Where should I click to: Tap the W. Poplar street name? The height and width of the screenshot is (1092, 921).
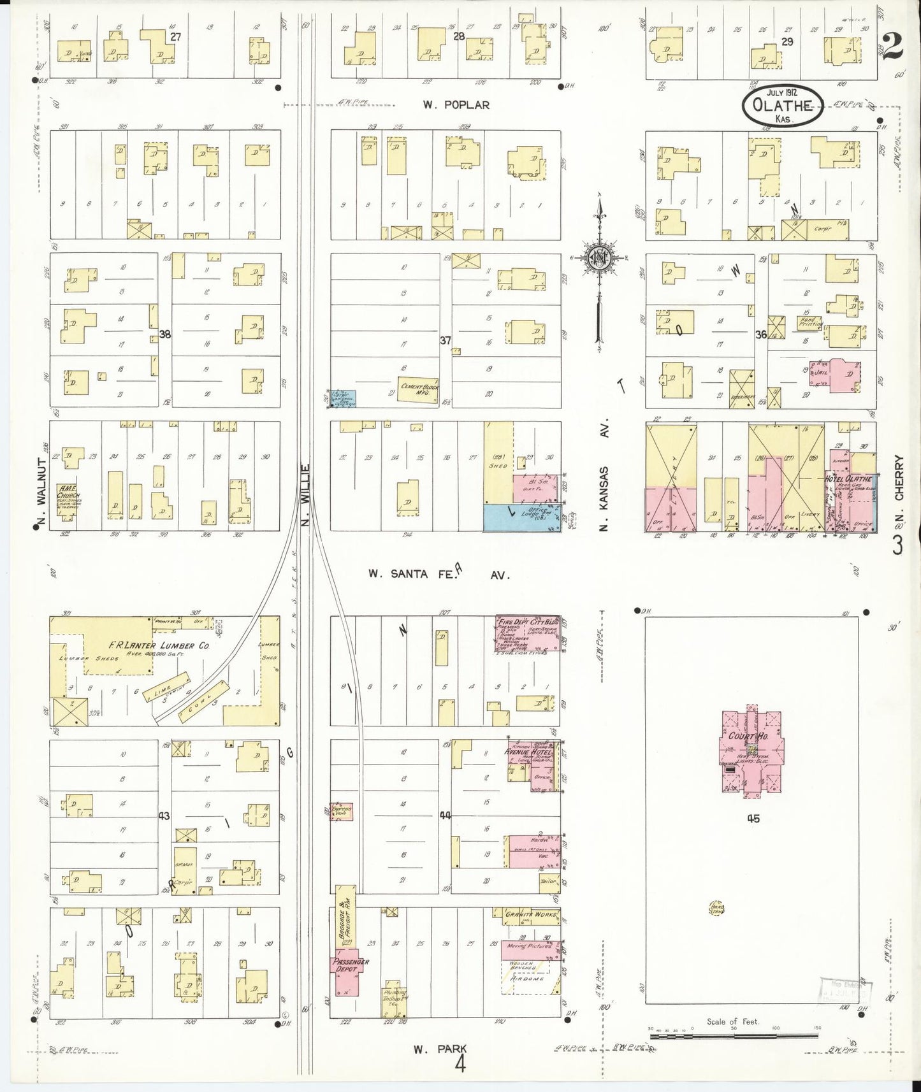coord(456,105)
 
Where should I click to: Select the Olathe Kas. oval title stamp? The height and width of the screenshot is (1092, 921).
coord(781,106)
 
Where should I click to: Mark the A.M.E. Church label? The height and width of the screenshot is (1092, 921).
coord(67,494)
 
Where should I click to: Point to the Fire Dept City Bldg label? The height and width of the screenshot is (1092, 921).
coord(527,622)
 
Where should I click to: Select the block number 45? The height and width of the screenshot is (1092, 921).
coord(753,819)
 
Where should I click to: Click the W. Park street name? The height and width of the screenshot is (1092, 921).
coord(440,1049)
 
